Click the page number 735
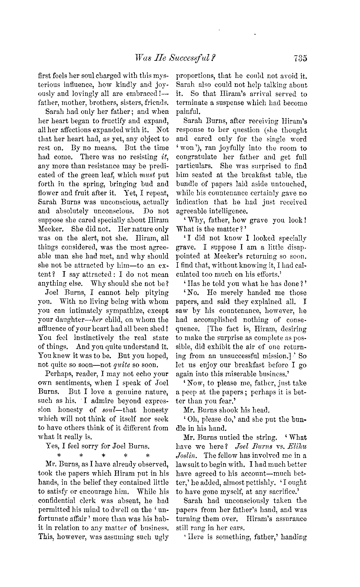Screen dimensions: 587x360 300,58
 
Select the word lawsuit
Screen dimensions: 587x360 189,465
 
